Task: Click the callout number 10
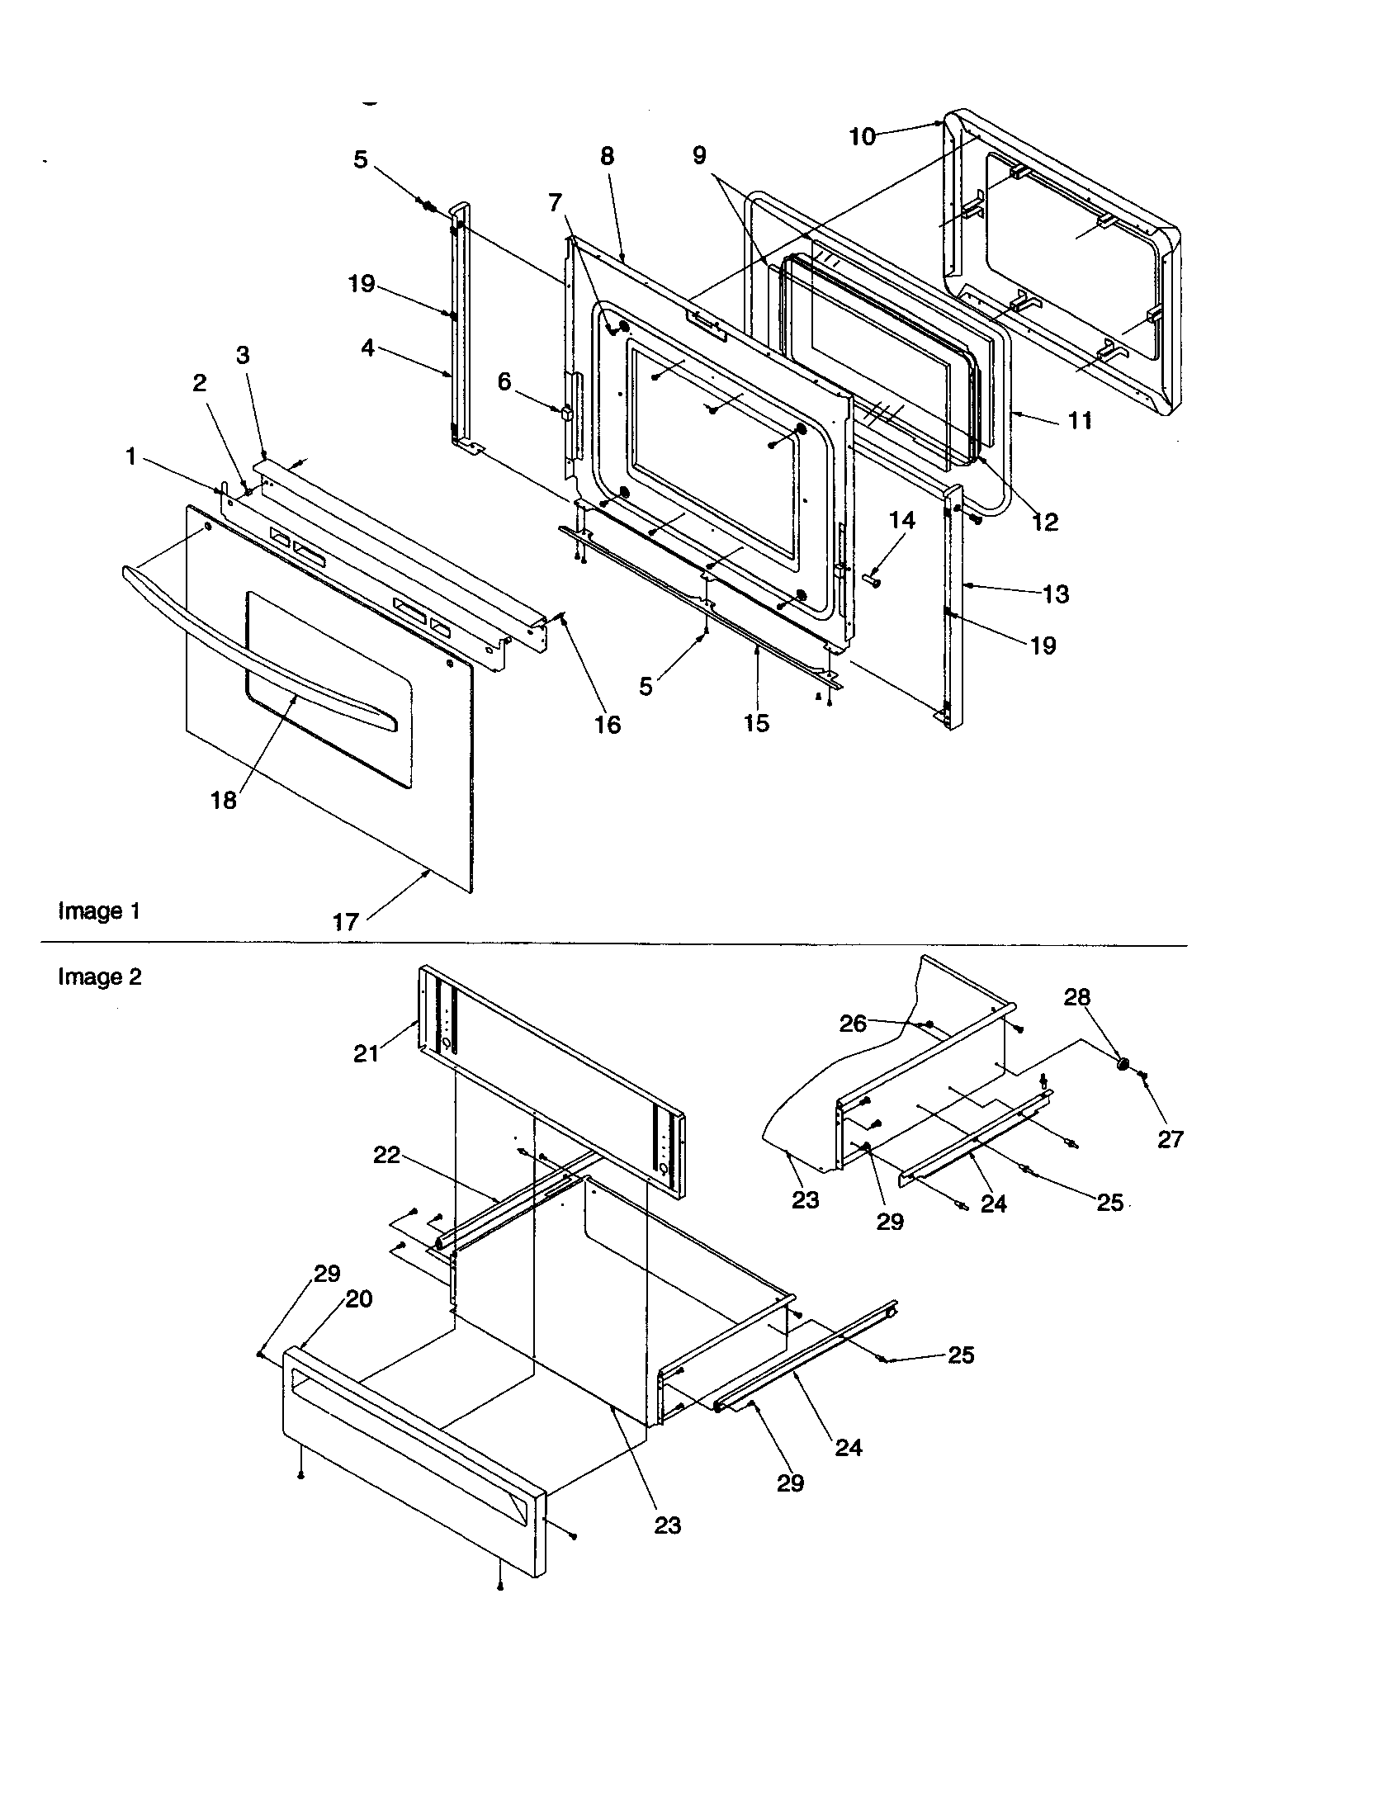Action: click(x=862, y=137)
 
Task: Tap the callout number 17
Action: click(x=346, y=922)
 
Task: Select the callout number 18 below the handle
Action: click(x=224, y=801)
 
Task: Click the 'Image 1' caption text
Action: click(x=99, y=911)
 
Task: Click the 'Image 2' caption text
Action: click(x=100, y=977)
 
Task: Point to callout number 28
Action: click(x=1076, y=997)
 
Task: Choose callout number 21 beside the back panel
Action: click(x=366, y=1053)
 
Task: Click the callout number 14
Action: click(x=902, y=521)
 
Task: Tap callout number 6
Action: click(x=504, y=381)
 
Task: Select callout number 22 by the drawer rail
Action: click(x=386, y=1155)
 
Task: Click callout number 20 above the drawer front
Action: click(x=358, y=1298)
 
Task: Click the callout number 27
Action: click(x=1170, y=1139)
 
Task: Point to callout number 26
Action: click(x=853, y=1024)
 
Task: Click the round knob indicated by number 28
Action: click(x=1123, y=1062)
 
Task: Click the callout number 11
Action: click(x=1079, y=421)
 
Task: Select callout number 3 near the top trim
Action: click(x=242, y=356)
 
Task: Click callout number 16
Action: click(x=608, y=725)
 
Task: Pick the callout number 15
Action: click(x=756, y=723)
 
